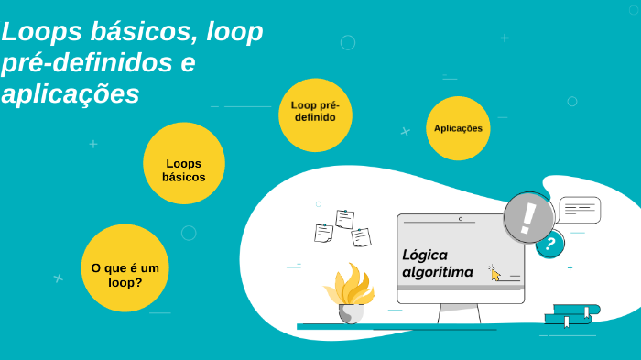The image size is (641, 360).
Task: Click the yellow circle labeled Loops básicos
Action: coord(184,163)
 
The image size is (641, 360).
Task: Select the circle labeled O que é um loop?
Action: coord(125,268)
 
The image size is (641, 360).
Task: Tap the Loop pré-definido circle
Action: coord(315,115)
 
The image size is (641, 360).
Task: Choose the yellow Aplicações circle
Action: coord(458,128)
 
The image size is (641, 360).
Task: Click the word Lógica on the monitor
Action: coord(425,255)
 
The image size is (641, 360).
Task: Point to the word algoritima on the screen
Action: coord(438,272)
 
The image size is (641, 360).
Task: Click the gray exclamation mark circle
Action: coord(528,218)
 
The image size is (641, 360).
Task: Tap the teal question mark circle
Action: coord(549,244)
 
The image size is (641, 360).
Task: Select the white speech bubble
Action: coord(579,210)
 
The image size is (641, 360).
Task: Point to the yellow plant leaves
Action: coord(349,285)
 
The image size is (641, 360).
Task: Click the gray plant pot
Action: coord(350,313)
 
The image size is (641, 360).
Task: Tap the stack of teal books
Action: coord(571,314)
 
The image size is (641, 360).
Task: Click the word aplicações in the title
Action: coord(71,93)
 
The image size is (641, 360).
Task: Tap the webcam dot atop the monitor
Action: coord(460,219)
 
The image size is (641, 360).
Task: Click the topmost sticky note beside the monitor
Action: coord(345,219)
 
